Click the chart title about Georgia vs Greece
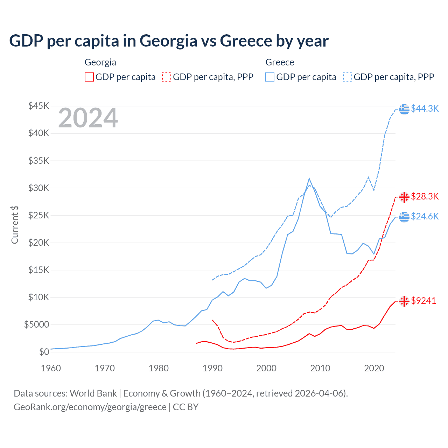pos(169,41)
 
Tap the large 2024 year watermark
pos(88,118)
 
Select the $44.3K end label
pos(425,108)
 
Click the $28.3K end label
pos(425,196)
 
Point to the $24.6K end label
pos(425,216)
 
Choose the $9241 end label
pos(423,301)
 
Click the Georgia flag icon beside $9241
pos(404,301)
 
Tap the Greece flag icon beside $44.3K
pos(404,109)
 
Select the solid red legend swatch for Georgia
pos(89,77)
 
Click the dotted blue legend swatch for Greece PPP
pos(348,77)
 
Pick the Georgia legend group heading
pos(100,62)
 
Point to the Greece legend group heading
pos(280,62)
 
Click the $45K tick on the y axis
pos(39,106)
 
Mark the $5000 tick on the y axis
pos(36,324)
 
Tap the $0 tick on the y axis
pos(44,352)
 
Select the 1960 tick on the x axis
pos(51,368)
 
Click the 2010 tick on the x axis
pos(320,368)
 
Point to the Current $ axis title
pos(15,225)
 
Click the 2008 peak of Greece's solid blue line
pos(309,178)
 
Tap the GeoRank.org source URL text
pos(90,407)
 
